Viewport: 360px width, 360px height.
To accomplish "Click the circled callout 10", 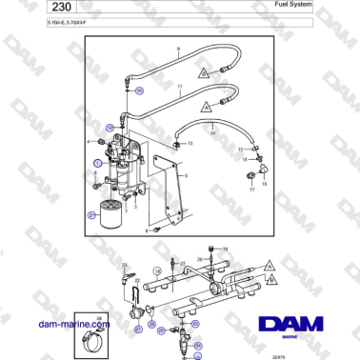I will (139, 90).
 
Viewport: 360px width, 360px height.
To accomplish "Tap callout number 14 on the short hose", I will (213, 134).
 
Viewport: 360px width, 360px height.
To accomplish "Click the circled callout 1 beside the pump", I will (98, 163).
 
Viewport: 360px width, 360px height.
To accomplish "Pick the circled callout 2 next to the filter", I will (91, 216).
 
